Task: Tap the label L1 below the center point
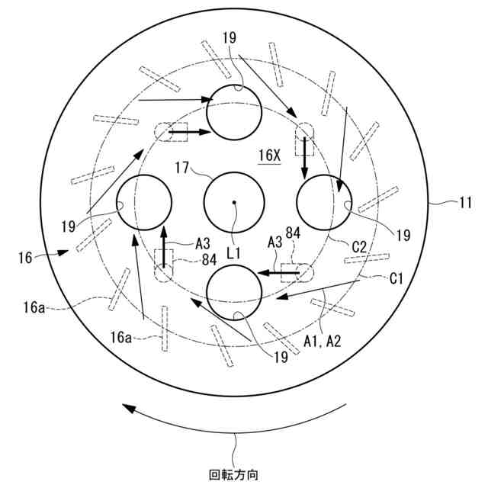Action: [235, 250]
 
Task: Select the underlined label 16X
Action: [269, 156]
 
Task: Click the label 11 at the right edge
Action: [465, 203]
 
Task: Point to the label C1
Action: [396, 279]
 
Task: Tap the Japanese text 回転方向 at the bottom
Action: [234, 474]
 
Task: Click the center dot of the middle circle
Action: [234, 202]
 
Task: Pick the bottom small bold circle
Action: [234, 293]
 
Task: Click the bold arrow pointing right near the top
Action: [188, 132]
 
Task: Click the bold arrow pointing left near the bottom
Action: [280, 271]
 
